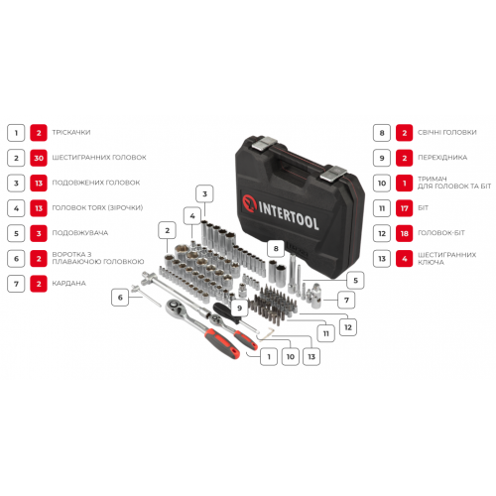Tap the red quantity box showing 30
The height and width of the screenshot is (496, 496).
coord(39,157)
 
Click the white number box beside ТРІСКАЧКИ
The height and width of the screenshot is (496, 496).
coord(15,131)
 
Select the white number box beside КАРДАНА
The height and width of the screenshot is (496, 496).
coord(15,284)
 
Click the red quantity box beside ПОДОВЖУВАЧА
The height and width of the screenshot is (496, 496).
coord(39,233)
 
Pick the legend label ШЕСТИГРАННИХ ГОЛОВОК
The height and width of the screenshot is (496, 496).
coord(104,157)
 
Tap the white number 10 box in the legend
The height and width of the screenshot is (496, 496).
coord(380,183)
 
